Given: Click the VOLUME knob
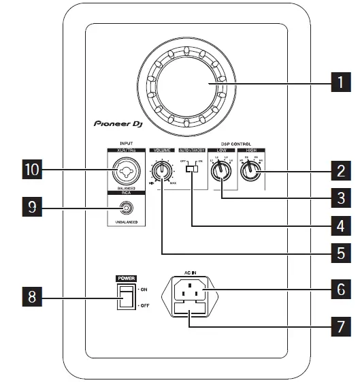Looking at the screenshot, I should [x=162, y=170].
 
